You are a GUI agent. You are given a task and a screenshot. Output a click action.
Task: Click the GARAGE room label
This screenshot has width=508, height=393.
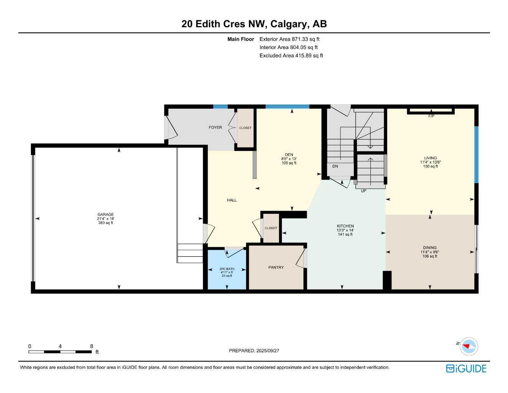pos(105,215)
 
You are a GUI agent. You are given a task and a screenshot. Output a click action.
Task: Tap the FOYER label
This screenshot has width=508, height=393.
pos(215,127)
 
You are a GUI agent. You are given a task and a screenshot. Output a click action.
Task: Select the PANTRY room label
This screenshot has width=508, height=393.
pos(276,268)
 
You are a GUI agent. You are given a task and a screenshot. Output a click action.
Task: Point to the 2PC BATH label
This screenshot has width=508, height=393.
pos(227,269)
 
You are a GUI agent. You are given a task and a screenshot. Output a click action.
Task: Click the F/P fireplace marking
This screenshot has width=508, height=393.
pos(431,116)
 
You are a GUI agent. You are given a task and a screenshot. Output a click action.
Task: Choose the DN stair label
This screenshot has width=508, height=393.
pos(335,166)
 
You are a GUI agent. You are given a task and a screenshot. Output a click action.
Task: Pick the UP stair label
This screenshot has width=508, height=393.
pos(363,191)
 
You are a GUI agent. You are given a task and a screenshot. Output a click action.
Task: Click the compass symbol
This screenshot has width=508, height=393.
pos(469,346)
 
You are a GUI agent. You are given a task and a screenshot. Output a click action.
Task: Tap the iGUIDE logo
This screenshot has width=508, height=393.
pos(466,369)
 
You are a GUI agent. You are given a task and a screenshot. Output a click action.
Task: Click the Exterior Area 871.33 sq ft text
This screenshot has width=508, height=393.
pos(289,39)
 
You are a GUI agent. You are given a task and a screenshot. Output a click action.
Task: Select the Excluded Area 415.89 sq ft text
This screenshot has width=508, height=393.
pos(291,56)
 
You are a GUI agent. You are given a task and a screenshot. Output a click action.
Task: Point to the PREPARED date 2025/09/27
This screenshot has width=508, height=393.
pos(254,351)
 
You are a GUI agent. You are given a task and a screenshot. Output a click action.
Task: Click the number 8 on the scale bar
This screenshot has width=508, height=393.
pos(92,346)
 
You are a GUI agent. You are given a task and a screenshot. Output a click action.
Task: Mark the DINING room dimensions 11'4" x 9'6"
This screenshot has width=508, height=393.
pos(430,252)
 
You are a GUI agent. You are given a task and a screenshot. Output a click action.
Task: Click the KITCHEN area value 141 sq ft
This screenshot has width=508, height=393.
pos(345,234)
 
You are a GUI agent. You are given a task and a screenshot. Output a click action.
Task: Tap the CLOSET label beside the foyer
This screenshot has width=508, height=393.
pos(245,128)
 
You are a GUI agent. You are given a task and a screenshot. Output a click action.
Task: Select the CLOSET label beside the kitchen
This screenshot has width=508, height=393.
pos(271,228)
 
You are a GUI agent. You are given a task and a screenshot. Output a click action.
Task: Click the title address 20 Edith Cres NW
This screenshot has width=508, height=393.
pos(224,24)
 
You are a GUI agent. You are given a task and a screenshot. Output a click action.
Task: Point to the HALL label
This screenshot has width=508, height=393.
pos(232,200)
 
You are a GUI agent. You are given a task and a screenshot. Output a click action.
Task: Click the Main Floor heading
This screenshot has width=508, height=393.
pos(240,39)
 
